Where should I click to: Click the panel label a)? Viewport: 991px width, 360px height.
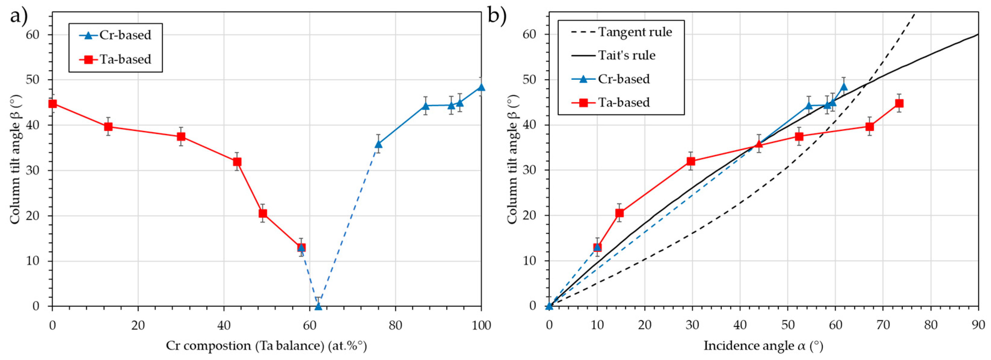coord(18,16)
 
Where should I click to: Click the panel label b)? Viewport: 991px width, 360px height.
coord(497,16)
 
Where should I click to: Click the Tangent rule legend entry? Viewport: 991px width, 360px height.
coord(621,32)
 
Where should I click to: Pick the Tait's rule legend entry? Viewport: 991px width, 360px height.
coord(614,55)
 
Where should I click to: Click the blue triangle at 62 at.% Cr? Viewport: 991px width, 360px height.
coord(318,306)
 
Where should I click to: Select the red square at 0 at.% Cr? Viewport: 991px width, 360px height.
coord(53,103)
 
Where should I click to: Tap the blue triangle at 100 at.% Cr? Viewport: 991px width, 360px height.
coord(481,87)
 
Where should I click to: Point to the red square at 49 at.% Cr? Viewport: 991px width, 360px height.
coord(263,214)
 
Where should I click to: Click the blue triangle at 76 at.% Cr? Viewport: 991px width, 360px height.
coord(378,144)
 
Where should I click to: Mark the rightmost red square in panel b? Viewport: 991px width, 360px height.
coord(899,103)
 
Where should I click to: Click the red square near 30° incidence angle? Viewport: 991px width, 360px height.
coord(691,161)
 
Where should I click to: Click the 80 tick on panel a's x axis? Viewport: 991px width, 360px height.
coord(395,325)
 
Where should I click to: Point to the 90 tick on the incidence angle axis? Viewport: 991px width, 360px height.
coord(977,325)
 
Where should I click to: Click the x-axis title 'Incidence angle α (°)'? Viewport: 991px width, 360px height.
coord(763,346)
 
